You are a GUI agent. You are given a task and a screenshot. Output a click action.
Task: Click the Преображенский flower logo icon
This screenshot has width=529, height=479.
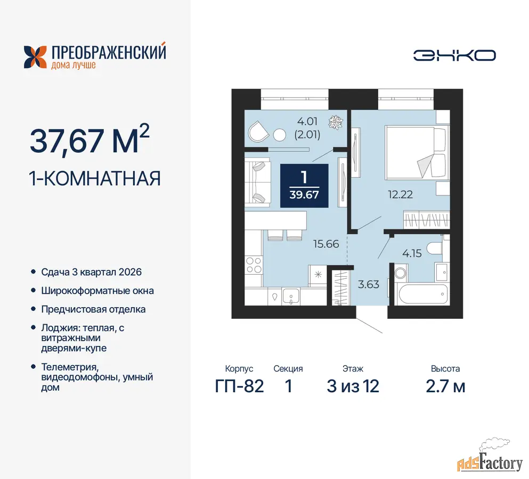pos(35,57)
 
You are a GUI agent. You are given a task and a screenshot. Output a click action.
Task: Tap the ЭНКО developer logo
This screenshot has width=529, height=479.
pos(454,56)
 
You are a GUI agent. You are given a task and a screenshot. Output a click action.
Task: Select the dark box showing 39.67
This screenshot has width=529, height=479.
pos(304,185)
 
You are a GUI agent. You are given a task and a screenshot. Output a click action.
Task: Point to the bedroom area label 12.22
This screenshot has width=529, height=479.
pos(401,194)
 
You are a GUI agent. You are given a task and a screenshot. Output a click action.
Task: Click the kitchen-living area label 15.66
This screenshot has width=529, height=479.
pos(326,244)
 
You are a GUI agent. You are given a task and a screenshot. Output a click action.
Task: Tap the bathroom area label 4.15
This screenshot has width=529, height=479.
pos(412,253)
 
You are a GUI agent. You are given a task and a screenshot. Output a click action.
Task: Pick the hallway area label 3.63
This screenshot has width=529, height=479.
pos(369,285)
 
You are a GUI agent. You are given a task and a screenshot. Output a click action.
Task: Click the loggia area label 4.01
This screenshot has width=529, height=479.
pos(307,121)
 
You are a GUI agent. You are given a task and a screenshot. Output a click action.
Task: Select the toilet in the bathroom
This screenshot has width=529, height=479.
pos(435,249)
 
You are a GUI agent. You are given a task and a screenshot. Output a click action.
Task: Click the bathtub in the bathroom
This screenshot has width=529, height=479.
pos(424,294)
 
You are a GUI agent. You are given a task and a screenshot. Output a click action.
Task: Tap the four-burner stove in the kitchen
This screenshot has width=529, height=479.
pos(254,265)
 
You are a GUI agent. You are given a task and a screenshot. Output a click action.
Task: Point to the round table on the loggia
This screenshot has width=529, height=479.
pos(279,135)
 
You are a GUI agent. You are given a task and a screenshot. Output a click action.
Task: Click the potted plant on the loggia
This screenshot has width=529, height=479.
pos(336,122)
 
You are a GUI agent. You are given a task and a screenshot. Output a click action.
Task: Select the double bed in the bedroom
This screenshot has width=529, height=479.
pos(417,152)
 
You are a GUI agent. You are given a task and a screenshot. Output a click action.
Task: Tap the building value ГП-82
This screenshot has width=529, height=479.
pos(239,386)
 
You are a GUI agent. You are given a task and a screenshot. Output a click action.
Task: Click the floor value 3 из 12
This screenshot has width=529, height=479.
pos(353,386)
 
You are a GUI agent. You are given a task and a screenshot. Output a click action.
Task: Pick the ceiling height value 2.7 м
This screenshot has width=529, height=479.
pos(445,386)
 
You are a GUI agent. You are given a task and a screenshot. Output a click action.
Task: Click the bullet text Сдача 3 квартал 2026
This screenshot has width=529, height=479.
pos(92,272)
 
